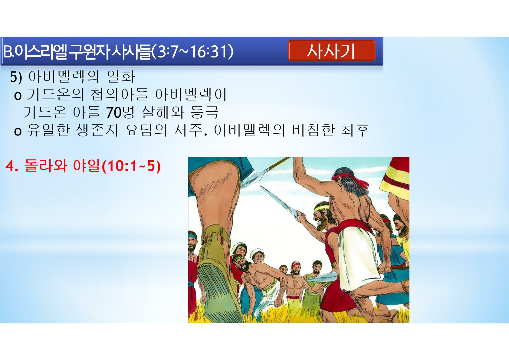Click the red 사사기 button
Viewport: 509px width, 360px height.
click(331, 51)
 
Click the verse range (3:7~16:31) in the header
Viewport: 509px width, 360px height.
click(193, 52)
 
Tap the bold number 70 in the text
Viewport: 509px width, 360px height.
click(114, 113)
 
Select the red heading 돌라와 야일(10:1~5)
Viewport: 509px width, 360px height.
click(83, 166)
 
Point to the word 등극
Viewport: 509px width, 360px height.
click(205, 112)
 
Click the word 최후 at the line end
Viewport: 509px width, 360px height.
click(355, 130)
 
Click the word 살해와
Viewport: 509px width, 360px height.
click(163, 112)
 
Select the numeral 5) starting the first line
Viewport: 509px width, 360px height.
click(16, 77)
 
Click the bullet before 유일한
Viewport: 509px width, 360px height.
click(18, 131)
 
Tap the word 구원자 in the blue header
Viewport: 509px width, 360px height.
click(89, 52)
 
